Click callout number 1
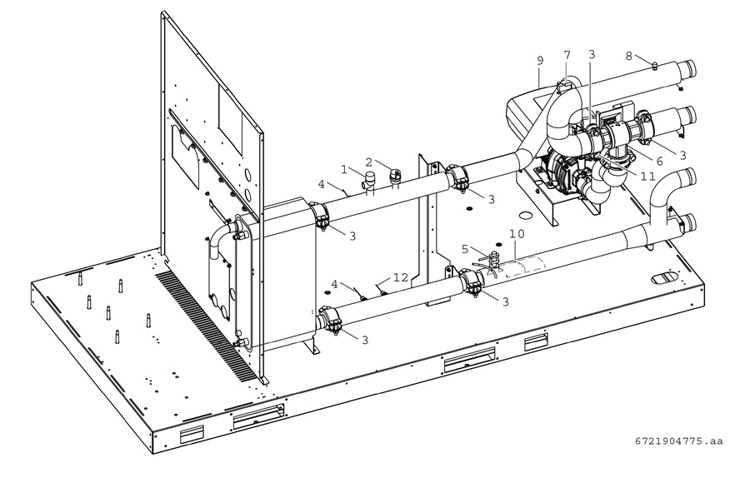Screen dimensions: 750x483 (x=344, y=169)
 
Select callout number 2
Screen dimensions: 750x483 (x=369, y=162)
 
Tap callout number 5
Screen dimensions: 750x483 (x=465, y=249)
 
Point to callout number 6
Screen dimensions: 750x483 (x=660, y=162)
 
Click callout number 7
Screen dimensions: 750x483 (x=567, y=55)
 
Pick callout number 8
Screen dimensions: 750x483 (x=629, y=56)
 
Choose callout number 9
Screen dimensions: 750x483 (x=540, y=61)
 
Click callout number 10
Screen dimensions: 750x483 (x=517, y=234)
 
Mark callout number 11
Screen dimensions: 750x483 (x=647, y=177)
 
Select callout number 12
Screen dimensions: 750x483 (x=401, y=277)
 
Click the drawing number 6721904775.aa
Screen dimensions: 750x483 (x=679, y=441)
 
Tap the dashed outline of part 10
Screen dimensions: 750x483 (x=525, y=266)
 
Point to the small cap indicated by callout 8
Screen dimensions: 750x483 (x=655, y=65)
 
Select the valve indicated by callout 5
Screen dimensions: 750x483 (x=494, y=260)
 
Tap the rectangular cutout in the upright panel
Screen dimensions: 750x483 (x=231, y=114)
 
